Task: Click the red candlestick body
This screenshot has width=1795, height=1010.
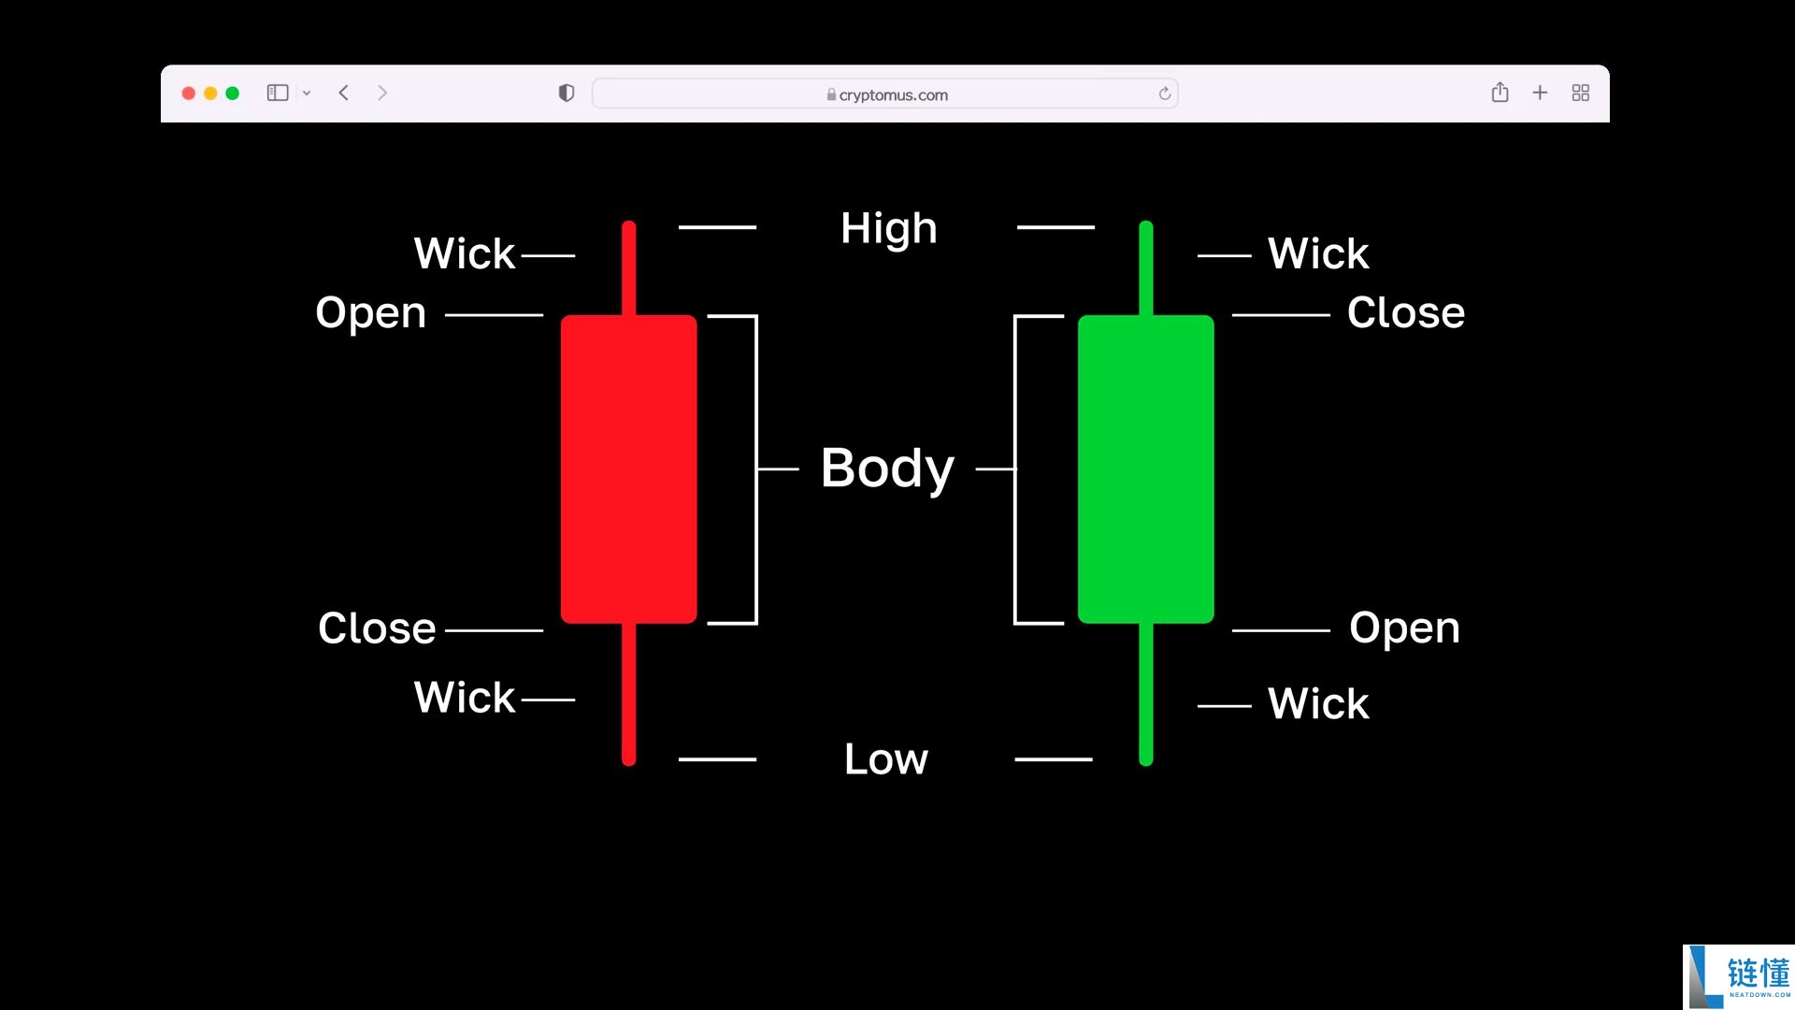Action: (x=628, y=469)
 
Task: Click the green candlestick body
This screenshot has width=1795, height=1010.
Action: (x=1146, y=469)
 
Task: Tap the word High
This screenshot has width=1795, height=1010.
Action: (x=888, y=229)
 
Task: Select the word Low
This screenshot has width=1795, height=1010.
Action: (x=886, y=758)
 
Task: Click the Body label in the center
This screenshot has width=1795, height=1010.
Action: (x=887, y=469)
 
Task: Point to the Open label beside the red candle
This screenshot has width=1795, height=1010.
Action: (x=371, y=313)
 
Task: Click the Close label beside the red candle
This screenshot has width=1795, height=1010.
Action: (x=377, y=628)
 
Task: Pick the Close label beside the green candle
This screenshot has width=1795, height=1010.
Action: (x=1406, y=312)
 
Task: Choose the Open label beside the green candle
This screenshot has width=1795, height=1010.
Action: (x=1404, y=628)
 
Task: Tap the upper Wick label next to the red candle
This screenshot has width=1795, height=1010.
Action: (x=465, y=253)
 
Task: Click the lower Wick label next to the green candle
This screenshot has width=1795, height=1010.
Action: (x=1318, y=703)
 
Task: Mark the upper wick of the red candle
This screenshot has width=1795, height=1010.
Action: (x=628, y=268)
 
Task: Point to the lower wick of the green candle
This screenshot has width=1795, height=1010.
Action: (x=1146, y=694)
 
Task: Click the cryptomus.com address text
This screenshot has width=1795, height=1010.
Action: (x=893, y=94)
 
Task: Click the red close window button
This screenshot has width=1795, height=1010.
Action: (x=188, y=94)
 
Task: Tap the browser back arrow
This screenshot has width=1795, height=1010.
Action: (x=344, y=93)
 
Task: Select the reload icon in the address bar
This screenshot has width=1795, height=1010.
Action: (x=1165, y=94)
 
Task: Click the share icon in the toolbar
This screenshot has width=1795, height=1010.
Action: (x=1500, y=92)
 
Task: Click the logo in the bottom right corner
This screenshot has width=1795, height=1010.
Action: (x=1739, y=977)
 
